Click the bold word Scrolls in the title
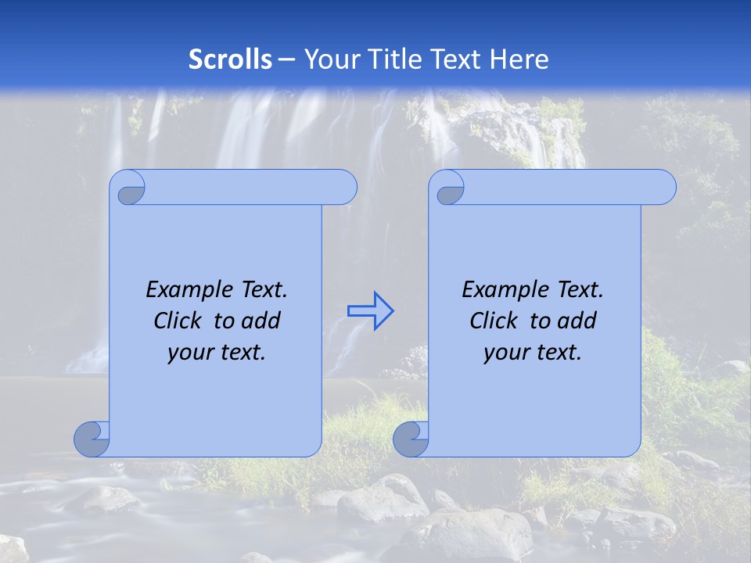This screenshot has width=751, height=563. coord(231,59)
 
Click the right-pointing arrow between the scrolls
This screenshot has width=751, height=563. coord(370,311)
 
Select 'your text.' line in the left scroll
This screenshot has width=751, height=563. coord(217,353)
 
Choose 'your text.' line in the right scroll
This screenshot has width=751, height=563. coord(533,353)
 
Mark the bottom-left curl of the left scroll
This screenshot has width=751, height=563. coord(92,439)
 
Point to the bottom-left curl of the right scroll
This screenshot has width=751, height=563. coord(411,439)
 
